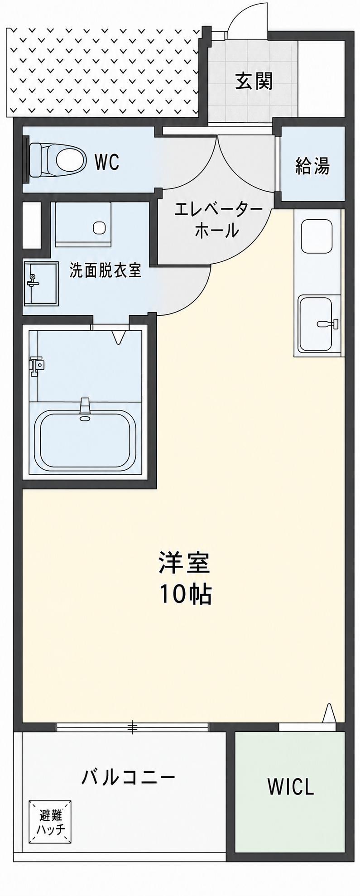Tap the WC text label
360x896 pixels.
coord(107,161)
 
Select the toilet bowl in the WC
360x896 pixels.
coord(57,159)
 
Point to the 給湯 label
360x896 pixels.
coord(312,166)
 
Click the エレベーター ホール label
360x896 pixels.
coord(218,221)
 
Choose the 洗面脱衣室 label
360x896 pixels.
coord(105,270)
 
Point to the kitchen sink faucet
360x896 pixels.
coord(328,323)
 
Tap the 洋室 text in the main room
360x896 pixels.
coord(184,563)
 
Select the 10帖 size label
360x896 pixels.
coord(185,594)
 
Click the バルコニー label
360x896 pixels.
coord(128,778)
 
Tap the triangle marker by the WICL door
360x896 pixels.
coord(329,713)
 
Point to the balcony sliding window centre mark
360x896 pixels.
coord(132,728)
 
